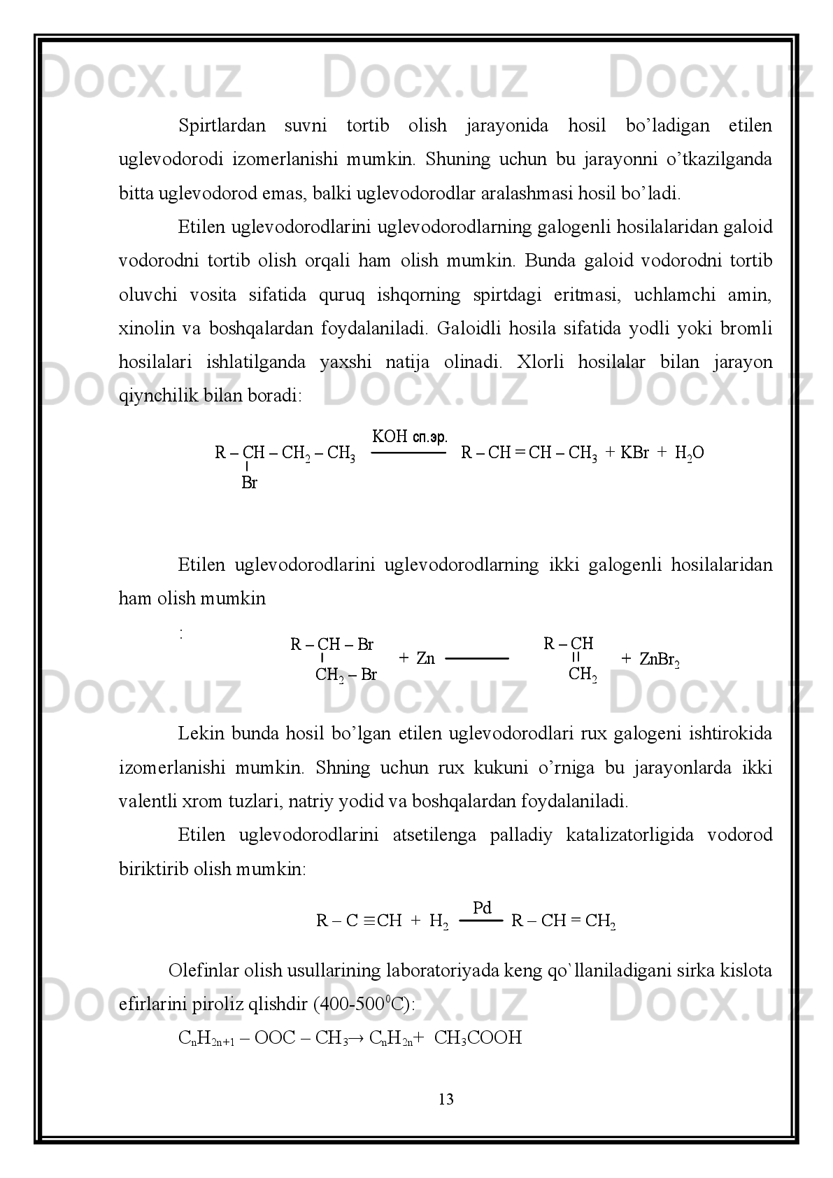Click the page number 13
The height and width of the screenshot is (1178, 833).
446,1100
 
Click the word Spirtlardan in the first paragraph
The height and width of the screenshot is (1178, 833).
222,126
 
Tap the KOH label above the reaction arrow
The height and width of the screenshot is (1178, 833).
390,437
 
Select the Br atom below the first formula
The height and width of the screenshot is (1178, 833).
249,483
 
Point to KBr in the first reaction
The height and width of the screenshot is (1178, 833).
634,453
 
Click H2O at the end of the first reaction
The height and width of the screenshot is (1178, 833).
689,453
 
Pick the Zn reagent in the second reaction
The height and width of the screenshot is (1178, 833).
425,658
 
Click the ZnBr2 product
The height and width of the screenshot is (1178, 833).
659,659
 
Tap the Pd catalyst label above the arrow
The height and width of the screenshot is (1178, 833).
482,908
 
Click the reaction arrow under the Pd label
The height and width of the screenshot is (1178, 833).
480,921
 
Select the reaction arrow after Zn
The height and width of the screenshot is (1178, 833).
476,658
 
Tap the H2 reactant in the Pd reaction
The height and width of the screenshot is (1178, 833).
438,921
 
